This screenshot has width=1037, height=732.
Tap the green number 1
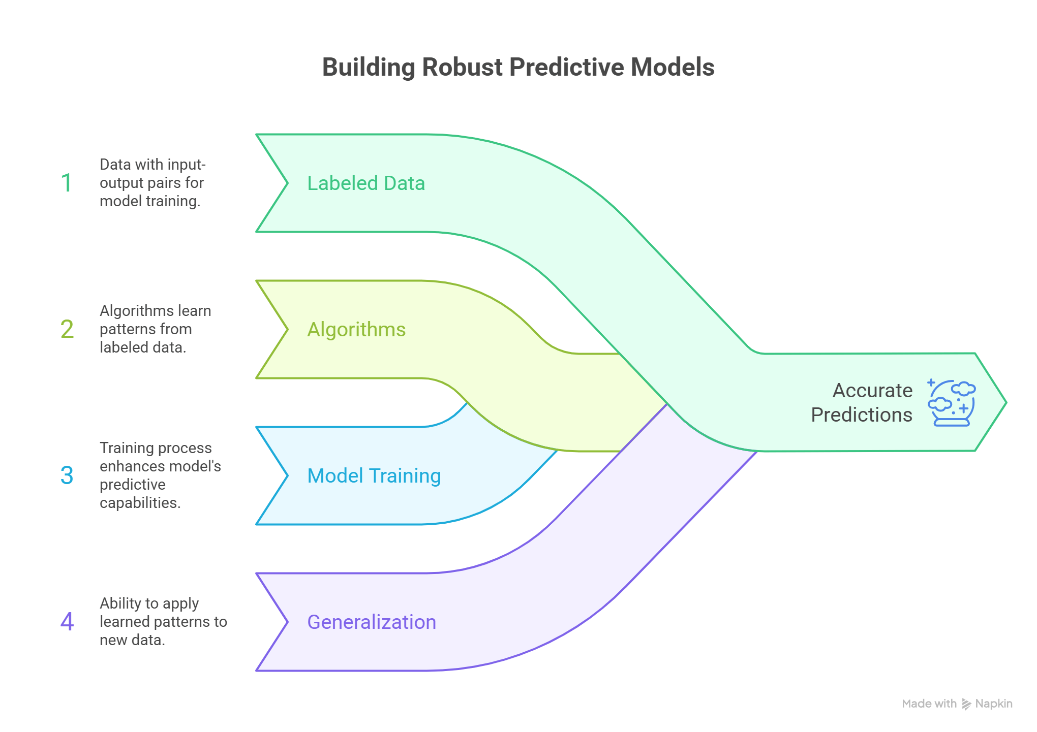coord(66,183)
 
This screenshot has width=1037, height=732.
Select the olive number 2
coord(67,329)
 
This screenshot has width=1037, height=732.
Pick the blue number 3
coord(67,475)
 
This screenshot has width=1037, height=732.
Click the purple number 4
coord(67,622)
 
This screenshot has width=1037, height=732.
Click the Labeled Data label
coord(366,183)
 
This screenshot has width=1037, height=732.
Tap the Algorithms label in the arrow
coord(356,330)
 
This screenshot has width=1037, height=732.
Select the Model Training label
coord(374,476)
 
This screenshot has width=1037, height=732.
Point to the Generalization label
coord(372,622)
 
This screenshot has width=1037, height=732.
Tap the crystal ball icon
coord(951,403)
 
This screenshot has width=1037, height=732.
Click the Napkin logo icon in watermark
coord(966,704)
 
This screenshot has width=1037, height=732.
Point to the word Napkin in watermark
coord(994,704)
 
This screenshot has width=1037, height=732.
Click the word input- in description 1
coord(186,165)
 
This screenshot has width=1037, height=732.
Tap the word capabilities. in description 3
coord(140,503)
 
